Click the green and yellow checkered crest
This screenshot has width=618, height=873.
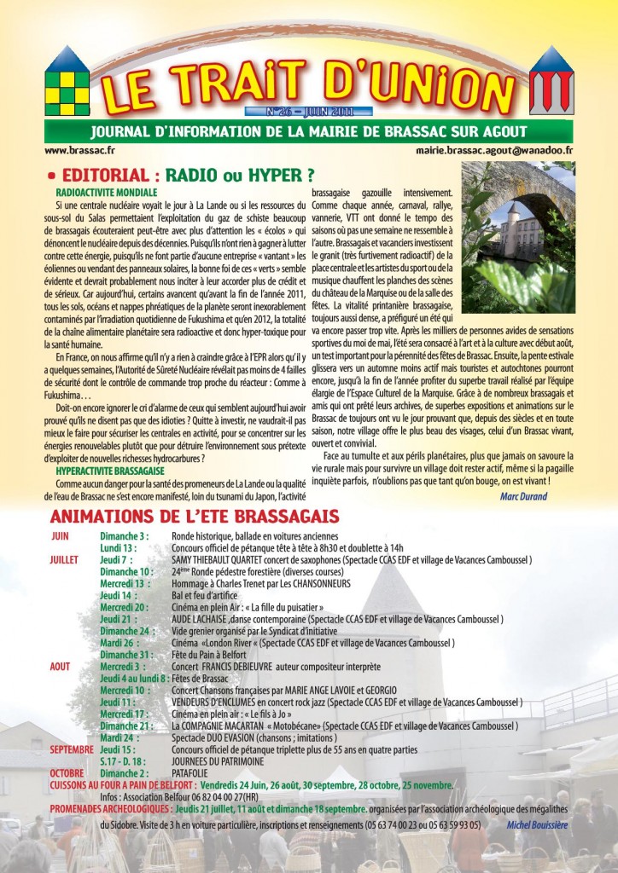coord(66,84)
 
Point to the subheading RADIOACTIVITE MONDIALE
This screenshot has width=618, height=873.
coord(107,193)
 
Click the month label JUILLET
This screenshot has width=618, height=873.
coord(65,559)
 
